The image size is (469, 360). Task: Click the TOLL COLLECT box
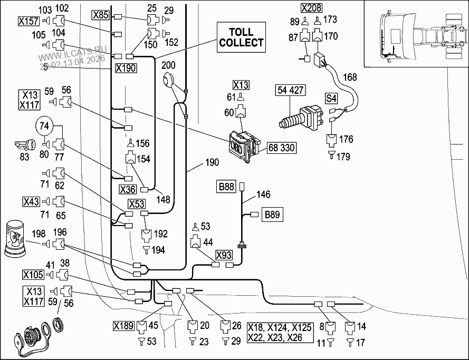tap(241, 37)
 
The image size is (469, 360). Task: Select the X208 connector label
tap(311, 8)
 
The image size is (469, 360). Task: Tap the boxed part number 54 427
tap(290, 90)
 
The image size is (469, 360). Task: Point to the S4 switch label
tap(330, 98)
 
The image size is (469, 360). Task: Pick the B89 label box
tap(273, 215)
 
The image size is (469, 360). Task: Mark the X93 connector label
tap(224, 255)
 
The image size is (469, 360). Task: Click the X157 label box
tap(28, 21)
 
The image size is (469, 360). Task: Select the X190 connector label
tap(125, 68)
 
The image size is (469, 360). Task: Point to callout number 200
tap(168, 66)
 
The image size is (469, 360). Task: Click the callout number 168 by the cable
tap(350, 77)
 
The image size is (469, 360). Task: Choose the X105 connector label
tap(32, 274)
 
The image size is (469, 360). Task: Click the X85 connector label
tap(100, 15)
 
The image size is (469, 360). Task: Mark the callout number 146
tap(263, 195)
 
